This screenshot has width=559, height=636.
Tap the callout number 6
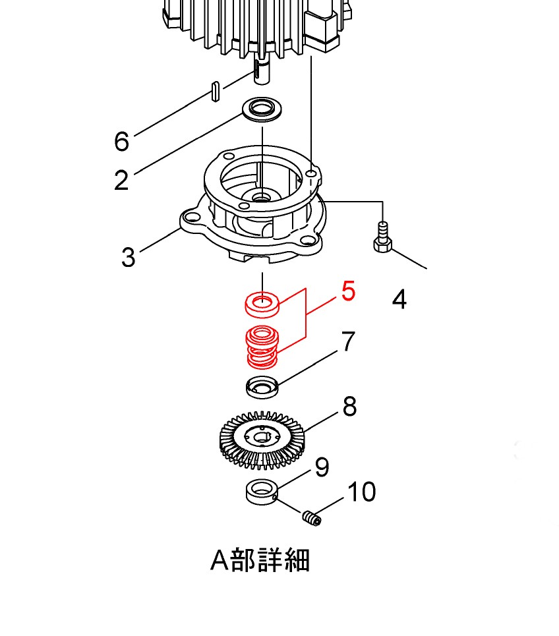point(121,142)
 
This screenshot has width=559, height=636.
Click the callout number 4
point(399,300)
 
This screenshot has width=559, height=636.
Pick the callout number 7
point(349,341)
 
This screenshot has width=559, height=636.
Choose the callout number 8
point(349,407)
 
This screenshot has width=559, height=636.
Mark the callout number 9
point(322,467)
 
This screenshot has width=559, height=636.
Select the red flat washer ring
point(262,304)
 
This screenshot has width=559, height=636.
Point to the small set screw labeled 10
point(312,519)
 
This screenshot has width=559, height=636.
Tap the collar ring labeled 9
point(262,493)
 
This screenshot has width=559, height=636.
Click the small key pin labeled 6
point(214,92)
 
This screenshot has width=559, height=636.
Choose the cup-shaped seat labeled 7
point(262,387)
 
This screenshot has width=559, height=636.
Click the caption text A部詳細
point(260,561)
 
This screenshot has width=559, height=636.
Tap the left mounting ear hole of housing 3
point(192,217)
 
